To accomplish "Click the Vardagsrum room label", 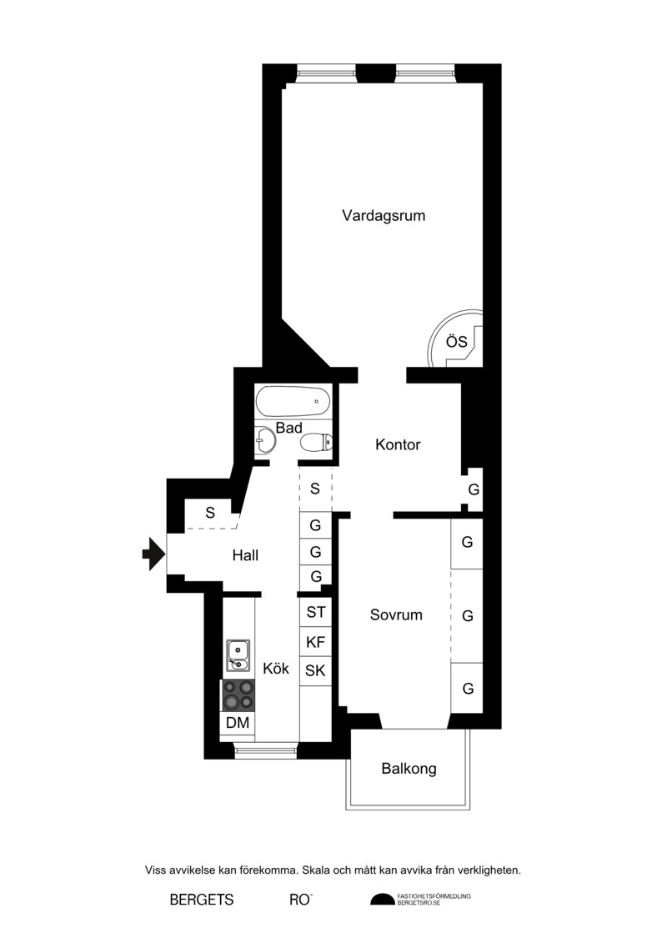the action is (x=384, y=215).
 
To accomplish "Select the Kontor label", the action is (x=398, y=444).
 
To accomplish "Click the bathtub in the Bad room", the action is (x=293, y=401).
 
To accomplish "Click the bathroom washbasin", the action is (x=264, y=439).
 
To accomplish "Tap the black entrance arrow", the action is (x=153, y=554).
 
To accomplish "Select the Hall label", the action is (x=245, y=555).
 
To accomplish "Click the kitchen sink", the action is (x=238, y=655).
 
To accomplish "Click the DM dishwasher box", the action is (x=238, y=723).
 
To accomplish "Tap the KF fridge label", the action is (x=316, y=642).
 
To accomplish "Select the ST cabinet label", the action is (x=316, y=612).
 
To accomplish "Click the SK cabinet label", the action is (x=315, y=670).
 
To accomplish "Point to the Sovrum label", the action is (x=396, y=614).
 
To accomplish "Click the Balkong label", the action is (x=409, y=769).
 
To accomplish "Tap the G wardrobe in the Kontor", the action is (x=474, y=489).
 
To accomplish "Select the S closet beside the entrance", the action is (x=210, y=513).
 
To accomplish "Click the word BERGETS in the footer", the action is (x=202, y=900).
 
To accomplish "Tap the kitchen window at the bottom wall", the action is (x=265, y=750).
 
